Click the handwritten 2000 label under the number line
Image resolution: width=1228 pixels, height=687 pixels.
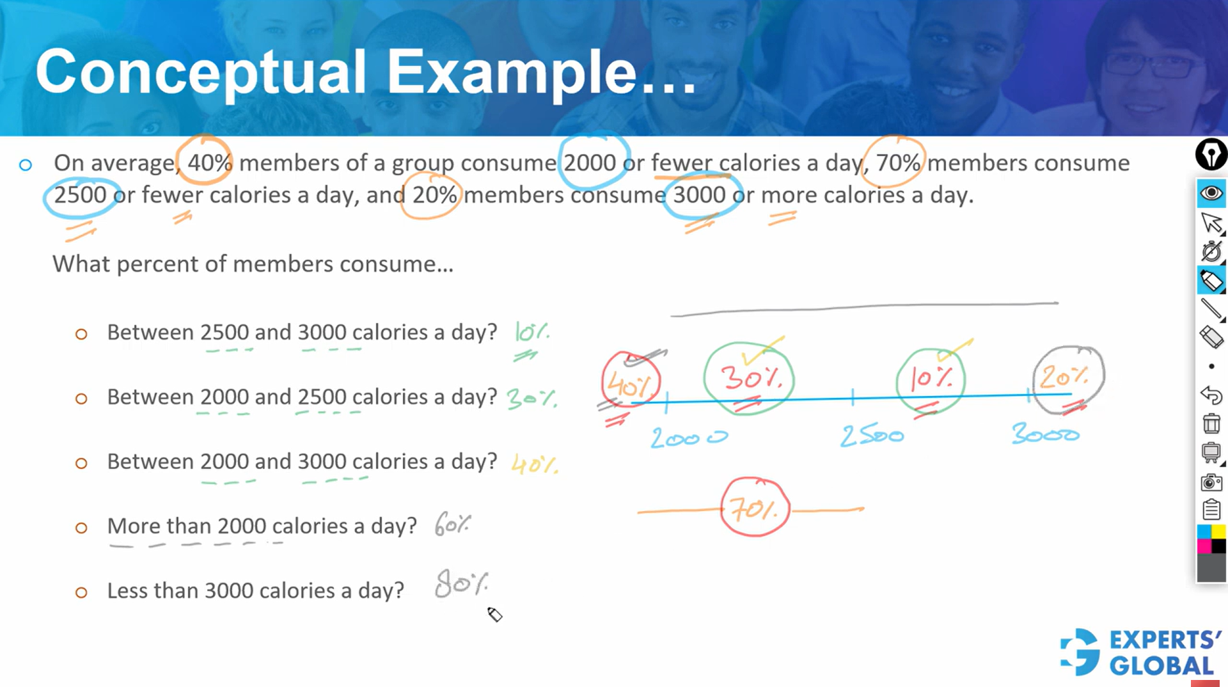[689, 438]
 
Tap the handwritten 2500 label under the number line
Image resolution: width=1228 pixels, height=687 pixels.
[872, 436]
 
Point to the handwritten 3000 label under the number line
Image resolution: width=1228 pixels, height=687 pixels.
[1045, 434]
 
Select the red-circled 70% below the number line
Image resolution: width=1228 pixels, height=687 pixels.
[755, 508]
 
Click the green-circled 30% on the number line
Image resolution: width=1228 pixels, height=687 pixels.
[749, 379]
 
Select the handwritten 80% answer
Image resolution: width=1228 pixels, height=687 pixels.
[461, 583]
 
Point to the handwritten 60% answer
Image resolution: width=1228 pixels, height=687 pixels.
[452, 524]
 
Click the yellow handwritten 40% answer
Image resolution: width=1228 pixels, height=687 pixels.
[535, 463]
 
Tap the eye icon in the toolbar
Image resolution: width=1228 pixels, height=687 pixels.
[1211, 193]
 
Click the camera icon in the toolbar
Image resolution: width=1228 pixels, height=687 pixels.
[1211, 482]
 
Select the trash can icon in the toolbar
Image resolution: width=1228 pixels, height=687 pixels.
[1211, 423]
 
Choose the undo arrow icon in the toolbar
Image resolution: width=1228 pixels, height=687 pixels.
[1211, 395]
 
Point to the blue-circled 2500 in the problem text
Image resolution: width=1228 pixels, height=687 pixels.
[81, 195]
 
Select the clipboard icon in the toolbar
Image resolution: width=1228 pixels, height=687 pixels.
[1211, 510]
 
